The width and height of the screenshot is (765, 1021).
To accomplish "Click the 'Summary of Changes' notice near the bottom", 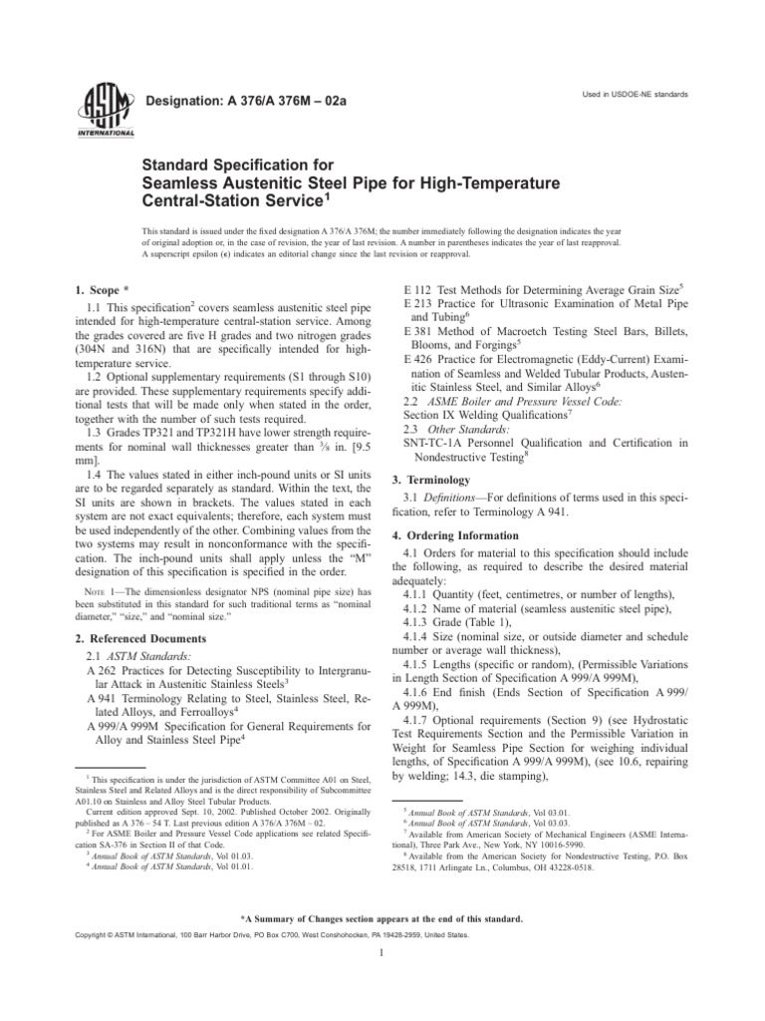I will (382, 916).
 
